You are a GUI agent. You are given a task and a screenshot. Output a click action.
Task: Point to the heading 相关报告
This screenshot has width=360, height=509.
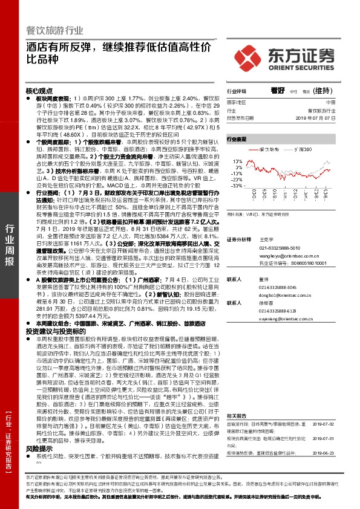click(x=237, y=399)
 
